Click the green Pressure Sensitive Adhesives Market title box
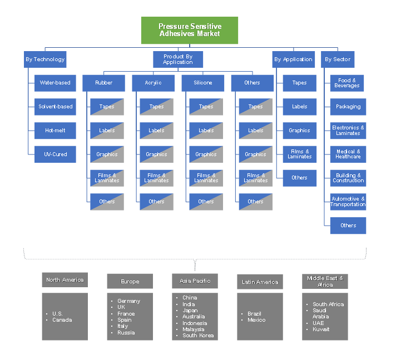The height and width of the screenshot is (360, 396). [x=189, y=30]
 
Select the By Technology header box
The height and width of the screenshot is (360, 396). [x=45, y=59]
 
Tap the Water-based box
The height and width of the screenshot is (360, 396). [x=55, y=83]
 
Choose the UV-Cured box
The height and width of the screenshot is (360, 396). [x=55, y=154]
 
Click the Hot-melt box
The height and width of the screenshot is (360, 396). [x=55, y=131]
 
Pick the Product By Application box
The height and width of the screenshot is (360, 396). [x=178, y=59]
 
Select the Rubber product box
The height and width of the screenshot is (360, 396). [x=103, y=83]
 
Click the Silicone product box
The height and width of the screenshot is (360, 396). [x=202, y=83]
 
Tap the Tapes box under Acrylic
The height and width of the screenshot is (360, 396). [x=156, y=107]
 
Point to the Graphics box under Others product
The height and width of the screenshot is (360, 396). [x=255, y=154]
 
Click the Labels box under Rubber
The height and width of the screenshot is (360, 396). [x=107, y=131]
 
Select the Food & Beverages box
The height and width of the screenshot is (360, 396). [x=348, y=83]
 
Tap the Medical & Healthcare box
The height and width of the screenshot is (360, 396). [x=348, y=154]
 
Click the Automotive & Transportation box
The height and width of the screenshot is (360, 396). [x=348, y=202]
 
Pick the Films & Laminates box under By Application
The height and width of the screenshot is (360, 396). [x=299, y=154]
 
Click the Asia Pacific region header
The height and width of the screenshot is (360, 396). [x=195, y=281]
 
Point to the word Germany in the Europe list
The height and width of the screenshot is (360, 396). [x=129, y=301]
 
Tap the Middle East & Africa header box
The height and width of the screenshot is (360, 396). [x=325, y=281]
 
